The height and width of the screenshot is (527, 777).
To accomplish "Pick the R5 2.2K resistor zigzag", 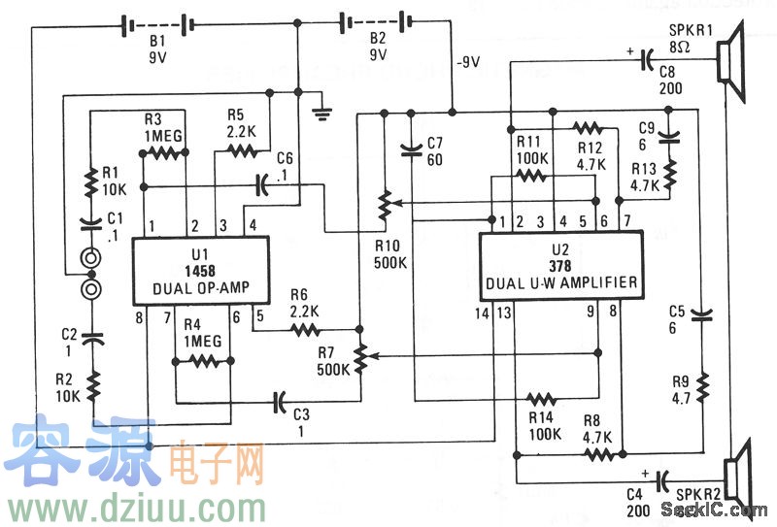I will [244, 149].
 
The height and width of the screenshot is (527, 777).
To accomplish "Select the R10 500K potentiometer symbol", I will [385, 203].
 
